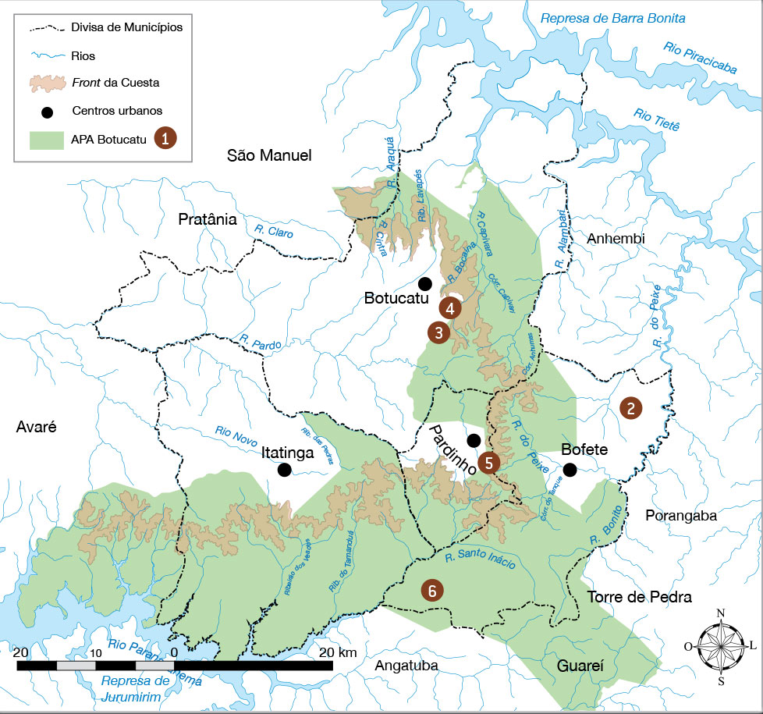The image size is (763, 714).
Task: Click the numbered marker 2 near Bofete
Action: pyautogui.click(x=630, y=407)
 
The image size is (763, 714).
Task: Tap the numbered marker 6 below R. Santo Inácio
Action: pyautogui.click(x=432, y=591)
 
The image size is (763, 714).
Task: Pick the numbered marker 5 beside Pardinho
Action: pyautogui.click(x=488, y=462)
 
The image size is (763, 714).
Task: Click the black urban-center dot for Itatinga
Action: pyautogui.click(x=285, y=469)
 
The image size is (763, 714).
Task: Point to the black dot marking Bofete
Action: pyautogui.click(x=570, y=469)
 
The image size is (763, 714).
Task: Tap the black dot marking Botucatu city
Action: pyautogui.click(x=425, y=282)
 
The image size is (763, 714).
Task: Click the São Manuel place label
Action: pyautogui.click(x=269, y=156)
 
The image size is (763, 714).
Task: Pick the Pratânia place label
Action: pyautogui.click(x=208, y=219)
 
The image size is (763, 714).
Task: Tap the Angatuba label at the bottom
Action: pyautogui.click(x=406, y=666)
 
